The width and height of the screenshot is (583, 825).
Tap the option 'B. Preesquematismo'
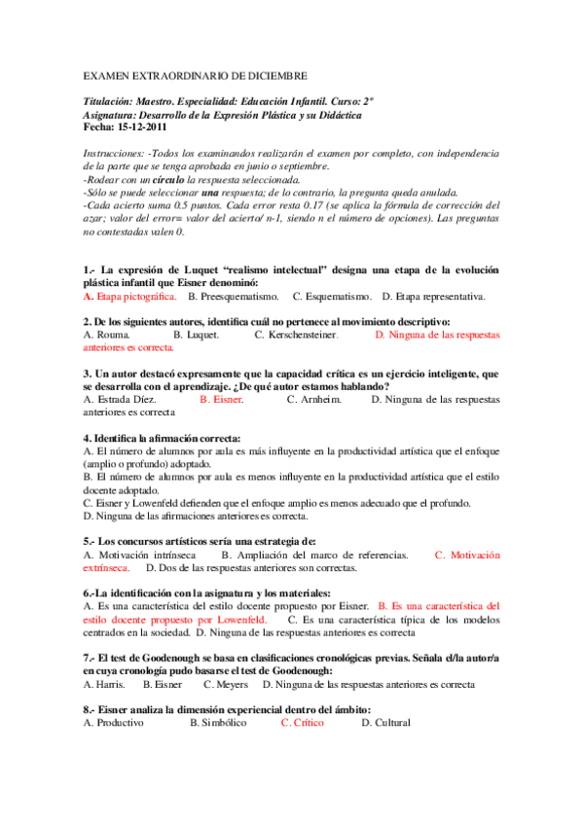(233, 296)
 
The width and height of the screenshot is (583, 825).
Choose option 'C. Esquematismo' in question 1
(333, 296)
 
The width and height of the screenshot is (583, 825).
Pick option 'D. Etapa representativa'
(434, 296)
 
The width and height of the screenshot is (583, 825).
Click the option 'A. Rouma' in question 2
(107, 334)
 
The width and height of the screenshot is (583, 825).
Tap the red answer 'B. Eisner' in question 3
(221, 399)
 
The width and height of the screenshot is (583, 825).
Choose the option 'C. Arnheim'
(314, 399)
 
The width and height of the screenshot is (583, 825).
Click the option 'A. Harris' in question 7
(101, 684)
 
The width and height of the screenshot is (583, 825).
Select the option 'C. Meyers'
(226, 684)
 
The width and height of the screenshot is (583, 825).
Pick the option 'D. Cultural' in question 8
(385, 723)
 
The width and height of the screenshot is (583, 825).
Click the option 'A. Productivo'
(114, 723)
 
